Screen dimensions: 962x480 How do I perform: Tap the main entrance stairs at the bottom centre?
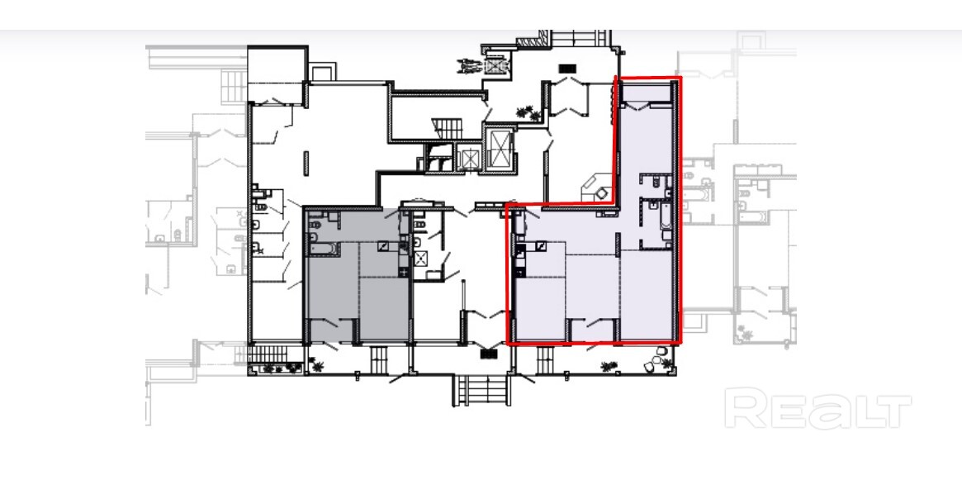click(481, 391)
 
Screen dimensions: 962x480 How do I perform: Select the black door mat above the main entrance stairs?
click(488, 354)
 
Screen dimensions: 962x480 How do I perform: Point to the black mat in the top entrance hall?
click(567, 69)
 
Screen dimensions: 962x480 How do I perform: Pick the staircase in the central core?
click(448, 129)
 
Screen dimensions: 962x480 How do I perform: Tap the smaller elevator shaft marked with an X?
click(469, 159)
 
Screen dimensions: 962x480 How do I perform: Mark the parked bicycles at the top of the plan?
click(473, 65)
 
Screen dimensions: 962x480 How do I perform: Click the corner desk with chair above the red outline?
click(596, 188)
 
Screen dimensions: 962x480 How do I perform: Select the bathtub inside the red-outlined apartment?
click(666, 221)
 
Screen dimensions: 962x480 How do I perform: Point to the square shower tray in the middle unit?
click(421, 259)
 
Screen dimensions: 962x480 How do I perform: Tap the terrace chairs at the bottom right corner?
click(657, 360)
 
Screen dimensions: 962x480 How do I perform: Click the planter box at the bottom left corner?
click(277, 369)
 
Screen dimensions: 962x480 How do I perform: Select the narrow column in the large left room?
click(306, 163)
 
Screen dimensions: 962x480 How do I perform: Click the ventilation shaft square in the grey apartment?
click(384, 247)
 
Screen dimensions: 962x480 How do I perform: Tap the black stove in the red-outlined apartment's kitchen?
click(519, 251)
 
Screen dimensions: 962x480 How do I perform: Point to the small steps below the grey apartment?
click(378, 359)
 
